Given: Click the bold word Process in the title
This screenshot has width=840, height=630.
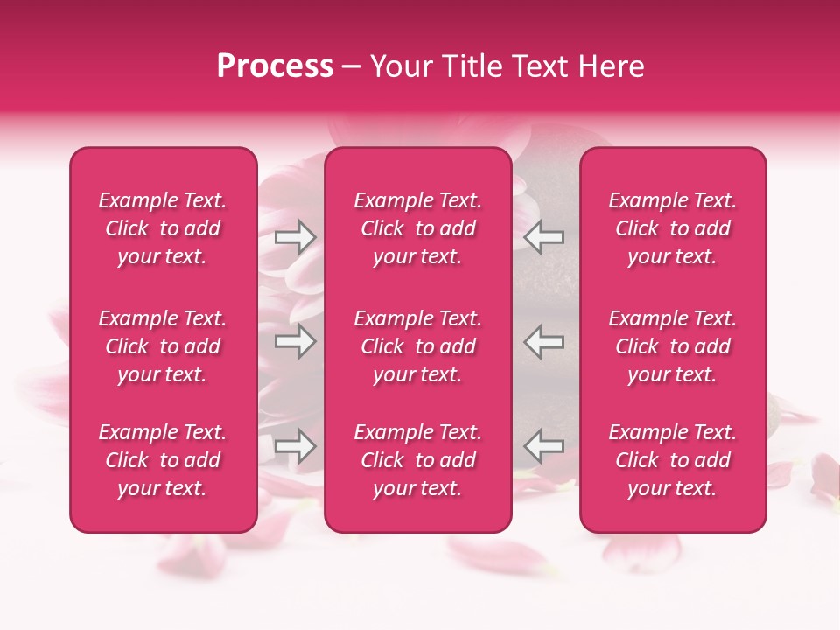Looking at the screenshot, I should (275, 66).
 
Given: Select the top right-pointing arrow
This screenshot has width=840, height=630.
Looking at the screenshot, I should (296, 236).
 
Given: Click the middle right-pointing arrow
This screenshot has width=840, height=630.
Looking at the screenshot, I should (296, 341).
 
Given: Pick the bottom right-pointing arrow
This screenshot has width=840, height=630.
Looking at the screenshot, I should (296, 447).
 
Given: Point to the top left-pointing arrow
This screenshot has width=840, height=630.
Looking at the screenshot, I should (543, 236).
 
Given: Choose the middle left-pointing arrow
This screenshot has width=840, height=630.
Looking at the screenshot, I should (543, 341).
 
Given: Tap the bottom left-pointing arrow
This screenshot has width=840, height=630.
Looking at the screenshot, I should (543, 447).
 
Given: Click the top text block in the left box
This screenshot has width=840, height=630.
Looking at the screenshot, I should (163, 228).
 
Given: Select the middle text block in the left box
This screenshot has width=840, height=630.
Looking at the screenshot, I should (163, 346).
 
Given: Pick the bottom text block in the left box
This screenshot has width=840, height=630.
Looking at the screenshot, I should (163, 460).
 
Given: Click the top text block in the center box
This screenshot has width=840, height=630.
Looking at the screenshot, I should (417, 228).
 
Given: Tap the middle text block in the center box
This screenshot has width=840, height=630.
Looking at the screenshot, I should (417, 346).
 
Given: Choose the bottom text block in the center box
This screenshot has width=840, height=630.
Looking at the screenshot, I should (417, 460).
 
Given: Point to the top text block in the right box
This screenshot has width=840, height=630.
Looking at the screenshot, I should (672, 228).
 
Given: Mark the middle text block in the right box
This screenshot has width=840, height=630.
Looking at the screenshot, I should (672, 346).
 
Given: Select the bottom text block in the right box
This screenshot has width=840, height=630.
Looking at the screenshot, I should (672, 460).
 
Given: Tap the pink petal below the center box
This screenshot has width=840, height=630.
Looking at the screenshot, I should (490, 555).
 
